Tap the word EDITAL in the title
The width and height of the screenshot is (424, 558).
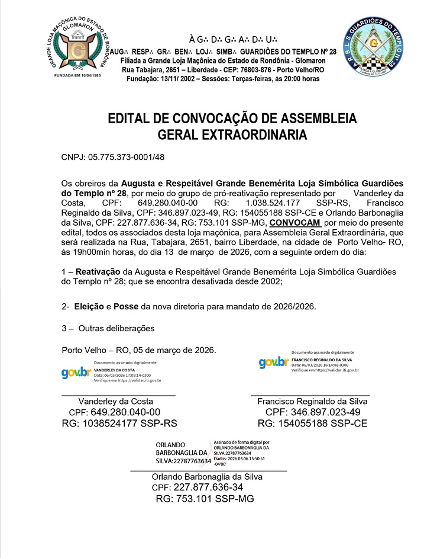[131, 118]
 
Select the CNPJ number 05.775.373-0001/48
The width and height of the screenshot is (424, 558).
[113, 158]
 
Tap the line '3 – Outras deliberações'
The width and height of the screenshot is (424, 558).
[108, 328]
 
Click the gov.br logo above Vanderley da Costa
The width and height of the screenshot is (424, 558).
[76, 373]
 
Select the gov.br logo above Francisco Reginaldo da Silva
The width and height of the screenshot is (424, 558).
[273, 362]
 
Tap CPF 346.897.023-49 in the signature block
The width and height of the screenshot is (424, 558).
[313, 412]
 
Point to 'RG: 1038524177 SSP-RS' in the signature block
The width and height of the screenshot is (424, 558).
[119, 424]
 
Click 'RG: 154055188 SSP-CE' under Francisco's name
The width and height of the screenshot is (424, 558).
[313, 424]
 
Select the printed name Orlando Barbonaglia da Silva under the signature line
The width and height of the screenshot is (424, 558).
[207, 476]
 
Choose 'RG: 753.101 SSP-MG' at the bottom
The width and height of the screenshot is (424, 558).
[205, 499]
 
